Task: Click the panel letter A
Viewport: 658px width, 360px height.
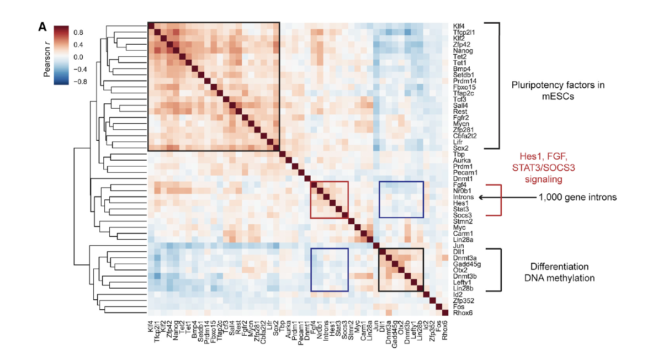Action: [x=43, y=26]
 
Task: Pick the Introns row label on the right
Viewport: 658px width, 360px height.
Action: [x=463, y=198]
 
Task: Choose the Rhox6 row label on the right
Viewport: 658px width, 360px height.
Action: [x=463, y=313]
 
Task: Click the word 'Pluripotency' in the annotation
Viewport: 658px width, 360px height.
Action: [x=538, y=84]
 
